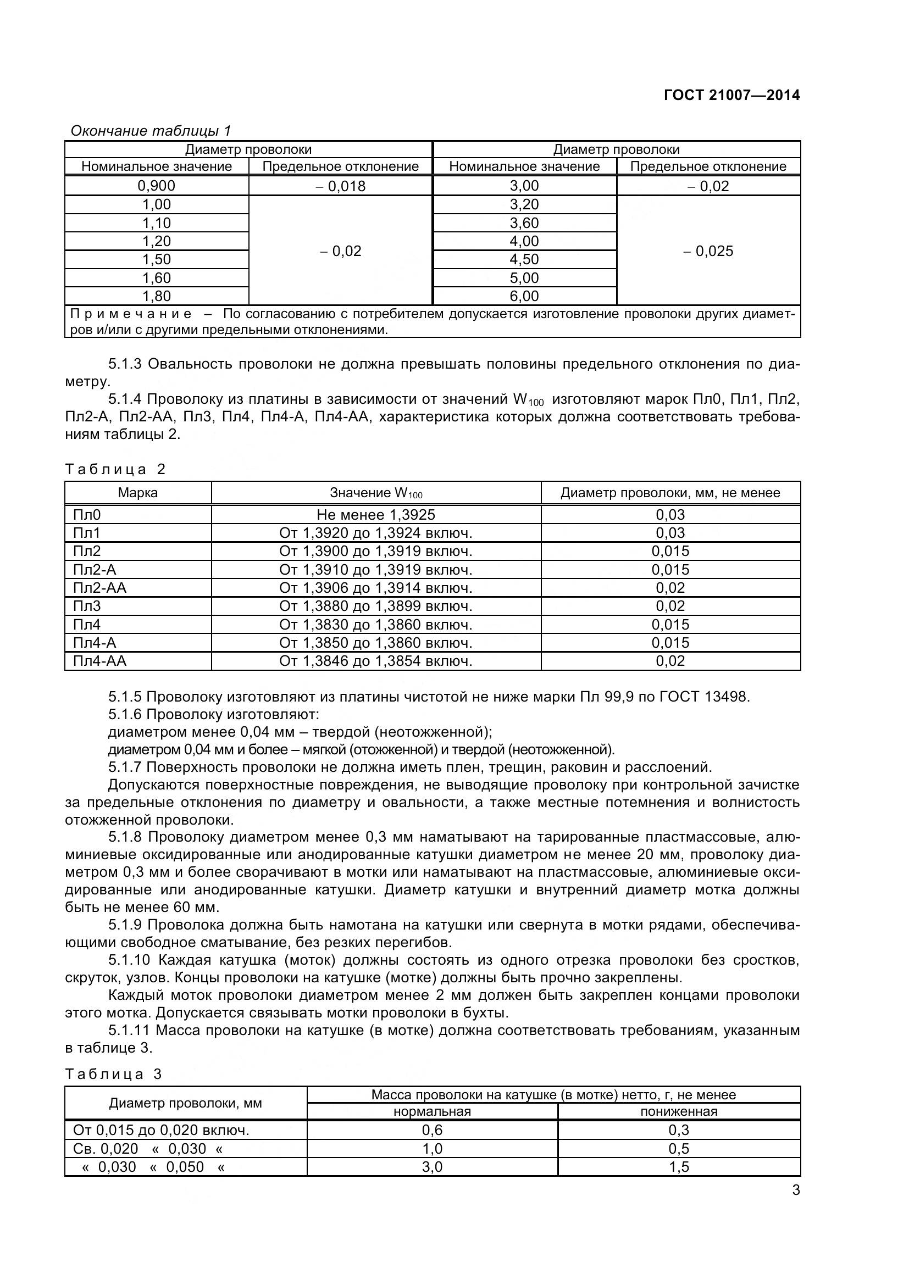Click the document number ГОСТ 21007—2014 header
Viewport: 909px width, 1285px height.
[x=731, y=95]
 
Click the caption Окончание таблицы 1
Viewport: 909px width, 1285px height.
[x=151, y=131]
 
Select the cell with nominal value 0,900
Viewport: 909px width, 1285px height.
[x=157, y=186]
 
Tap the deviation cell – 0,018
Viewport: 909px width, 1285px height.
[x=340, y=186]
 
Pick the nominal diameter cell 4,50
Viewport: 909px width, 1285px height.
[x=524, y=260]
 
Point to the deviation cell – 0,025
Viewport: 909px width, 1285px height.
[x=708, y=251]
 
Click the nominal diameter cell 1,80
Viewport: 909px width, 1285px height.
[x=157, y=296]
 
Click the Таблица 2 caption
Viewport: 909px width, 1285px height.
[x=115, y=469]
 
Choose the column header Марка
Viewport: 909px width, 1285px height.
[x=138, y=493]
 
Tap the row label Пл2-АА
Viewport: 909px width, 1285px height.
[x=99, y=588]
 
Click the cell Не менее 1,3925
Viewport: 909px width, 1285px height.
[x=375, y=515]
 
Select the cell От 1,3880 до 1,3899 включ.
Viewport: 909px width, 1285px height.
[x=375, y=606]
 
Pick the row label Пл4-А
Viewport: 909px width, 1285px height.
[x=95, y=643]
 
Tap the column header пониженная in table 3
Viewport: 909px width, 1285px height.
[x=678, y=1111]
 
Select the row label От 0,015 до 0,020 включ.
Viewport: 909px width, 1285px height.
[x=161, y=1131]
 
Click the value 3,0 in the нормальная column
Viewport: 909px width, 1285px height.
[x=432, y=1167]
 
